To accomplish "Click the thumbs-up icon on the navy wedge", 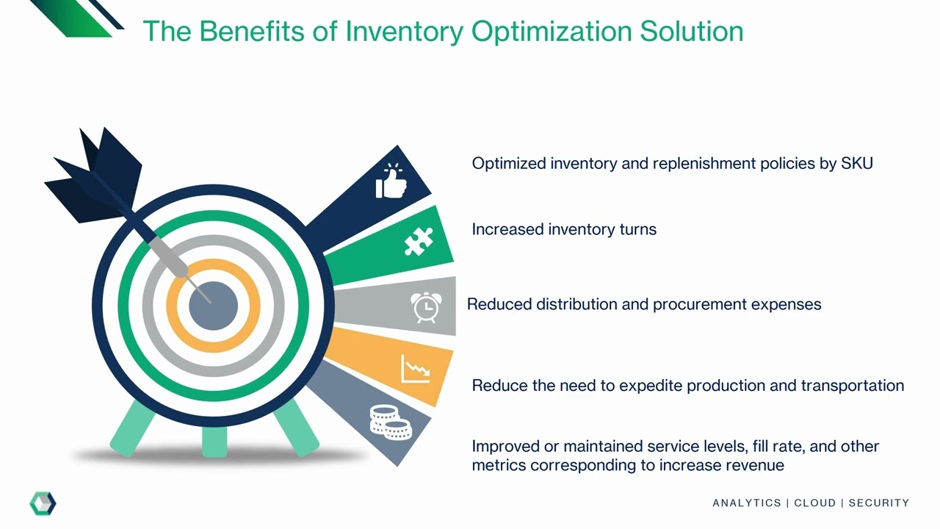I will coord(391,181).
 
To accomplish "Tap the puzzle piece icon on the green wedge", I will coord(419,241).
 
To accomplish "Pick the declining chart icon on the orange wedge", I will coord(415,368).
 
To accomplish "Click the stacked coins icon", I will coord(390,422).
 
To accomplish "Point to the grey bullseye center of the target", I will coord(213,306).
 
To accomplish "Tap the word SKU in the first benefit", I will coord(856,163).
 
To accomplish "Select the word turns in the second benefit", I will coord(637,229).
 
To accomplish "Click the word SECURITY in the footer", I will coord(878,503).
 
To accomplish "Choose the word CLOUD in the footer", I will coord(815,503).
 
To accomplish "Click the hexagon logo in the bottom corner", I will coord(43,503).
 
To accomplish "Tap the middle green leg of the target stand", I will coord(214,441).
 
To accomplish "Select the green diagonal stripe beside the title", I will coord(73,18).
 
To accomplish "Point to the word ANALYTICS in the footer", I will coord(746,503).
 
